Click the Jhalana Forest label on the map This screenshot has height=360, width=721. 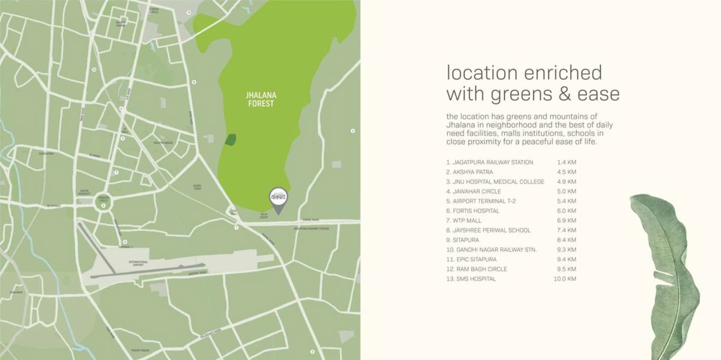click(x=261, y=99)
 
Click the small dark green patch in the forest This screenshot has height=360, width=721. click(x=230, y=139)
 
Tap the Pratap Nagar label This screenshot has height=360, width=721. click(x=140, y=350)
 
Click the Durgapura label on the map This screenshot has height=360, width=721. click(x=46, y=154)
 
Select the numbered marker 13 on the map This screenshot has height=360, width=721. click(x=188, y=12)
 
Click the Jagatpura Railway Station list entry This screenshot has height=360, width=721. click(x=493, y=162)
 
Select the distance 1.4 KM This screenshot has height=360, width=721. click(x=567, y=162)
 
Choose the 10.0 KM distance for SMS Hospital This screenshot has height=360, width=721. click(x=565, y=279)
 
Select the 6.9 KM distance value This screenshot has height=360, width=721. click(x=567, y=221)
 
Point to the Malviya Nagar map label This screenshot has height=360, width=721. click(x=163, y=142)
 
